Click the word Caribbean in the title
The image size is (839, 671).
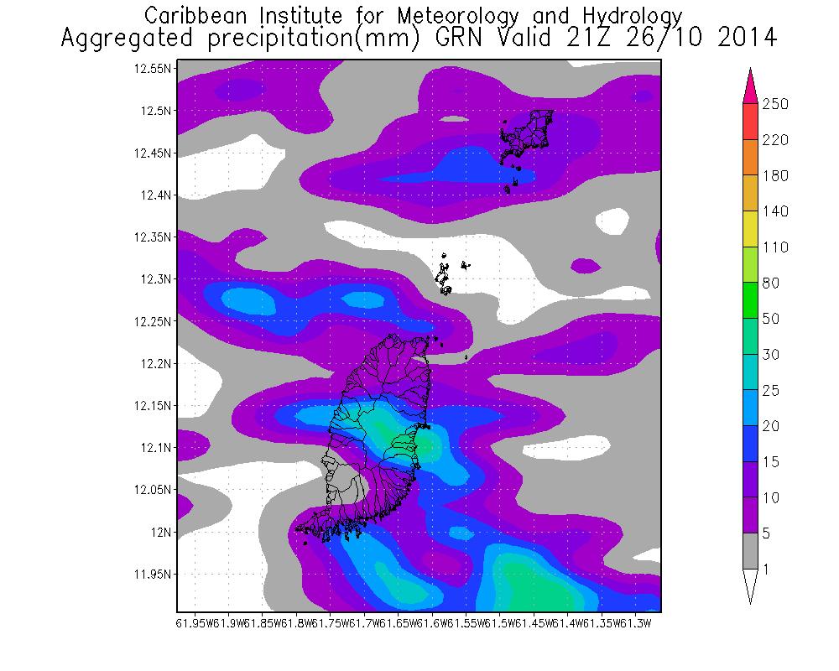[x=194, y=16]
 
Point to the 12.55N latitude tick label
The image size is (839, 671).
[x=153, y=69]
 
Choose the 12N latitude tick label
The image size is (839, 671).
[x=162, y=532]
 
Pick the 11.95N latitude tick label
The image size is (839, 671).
[x=153, y=575]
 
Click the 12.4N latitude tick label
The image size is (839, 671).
[x=156, y=195]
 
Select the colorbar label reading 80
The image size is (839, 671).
[x=771, y=283]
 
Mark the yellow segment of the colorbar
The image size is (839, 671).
[x=750, y=230]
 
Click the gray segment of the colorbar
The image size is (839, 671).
[x=750, y=552]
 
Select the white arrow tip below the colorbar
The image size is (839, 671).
[x=750, y=587]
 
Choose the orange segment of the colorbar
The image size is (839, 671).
[x=750, y=158]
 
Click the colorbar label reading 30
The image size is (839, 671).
[x=771, y=355]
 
